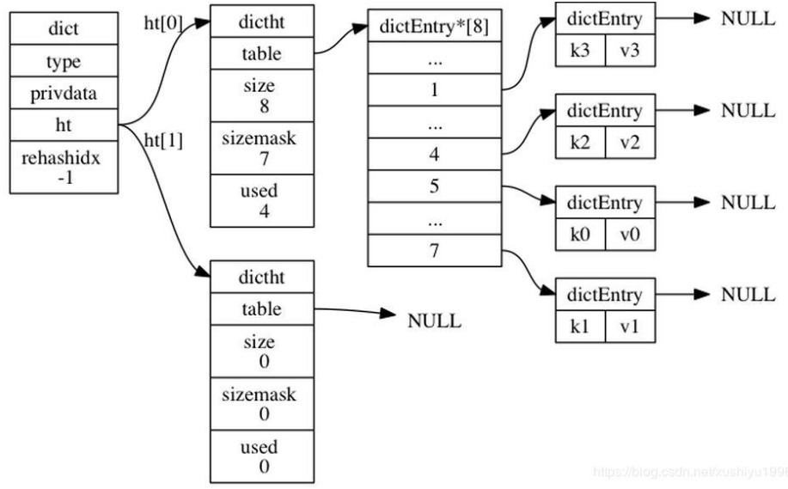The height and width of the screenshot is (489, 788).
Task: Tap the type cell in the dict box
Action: coord(63,62)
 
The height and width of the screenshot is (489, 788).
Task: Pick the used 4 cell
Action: coord(262,201)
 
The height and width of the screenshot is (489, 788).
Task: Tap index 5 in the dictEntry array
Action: coord(434,186)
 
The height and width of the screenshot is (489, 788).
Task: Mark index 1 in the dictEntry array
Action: coord(434,89)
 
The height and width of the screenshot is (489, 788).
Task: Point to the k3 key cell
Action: coord(580,51)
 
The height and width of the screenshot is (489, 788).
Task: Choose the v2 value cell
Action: coord(630,142)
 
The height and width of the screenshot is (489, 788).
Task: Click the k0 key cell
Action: coord(580,234)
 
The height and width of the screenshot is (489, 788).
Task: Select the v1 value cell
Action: coord(630,326)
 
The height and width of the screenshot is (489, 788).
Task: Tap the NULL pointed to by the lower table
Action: coord(434,321)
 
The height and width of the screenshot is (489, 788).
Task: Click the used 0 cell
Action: coord(262,456)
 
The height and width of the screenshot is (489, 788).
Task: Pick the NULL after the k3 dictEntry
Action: coord(748,19)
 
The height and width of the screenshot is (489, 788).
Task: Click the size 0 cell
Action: coord(262,351)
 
